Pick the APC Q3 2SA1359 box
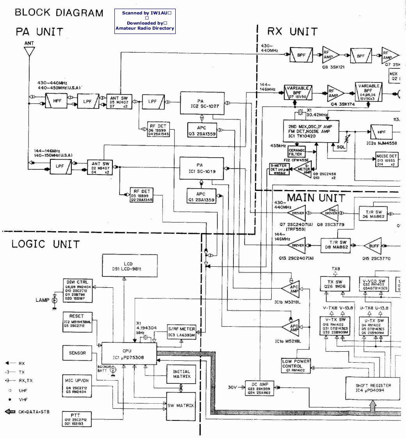point(202,129)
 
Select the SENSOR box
point(77,353)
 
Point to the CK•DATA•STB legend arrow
point(11,411)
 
